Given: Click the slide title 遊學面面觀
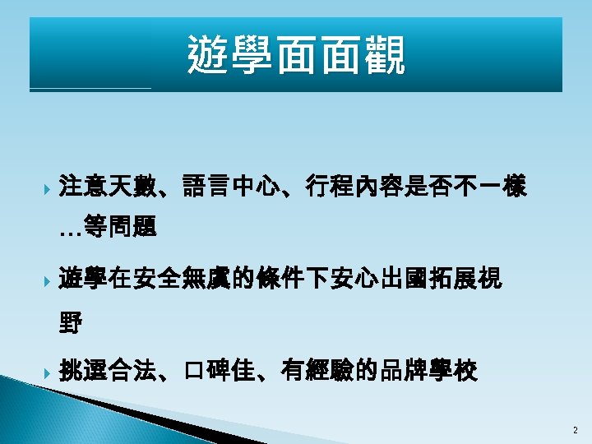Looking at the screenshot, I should click(296, 55).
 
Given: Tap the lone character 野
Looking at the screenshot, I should click(72, 323).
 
